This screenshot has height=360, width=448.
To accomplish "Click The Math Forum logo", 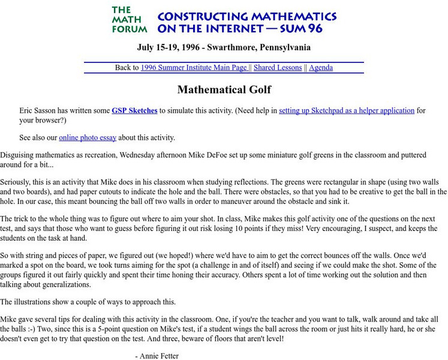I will pyautogui.click(x=129, y=20).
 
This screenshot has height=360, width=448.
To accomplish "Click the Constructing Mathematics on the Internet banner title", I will pyautogui.click(x=246, y=22).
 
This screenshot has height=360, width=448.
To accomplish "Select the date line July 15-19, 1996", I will pyautogui.click(x=223, y=47).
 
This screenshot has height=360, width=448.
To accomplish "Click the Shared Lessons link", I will pyautogui.click(x=278, y=68).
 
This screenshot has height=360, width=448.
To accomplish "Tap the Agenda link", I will pyautogui.click(x=321, y=68).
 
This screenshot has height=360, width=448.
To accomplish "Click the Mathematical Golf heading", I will pyautogui.click(x=224, y=90).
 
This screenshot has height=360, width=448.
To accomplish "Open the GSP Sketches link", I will pyautogui.click(x=134, y=110).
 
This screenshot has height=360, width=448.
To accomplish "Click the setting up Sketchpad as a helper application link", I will pyautogui.click(x=347, y=110).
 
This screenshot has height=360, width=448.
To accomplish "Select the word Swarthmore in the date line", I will pyautogui.click(x=237, y=47).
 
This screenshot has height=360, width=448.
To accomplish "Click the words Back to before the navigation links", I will pyautogui.click(x=127, y=68).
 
